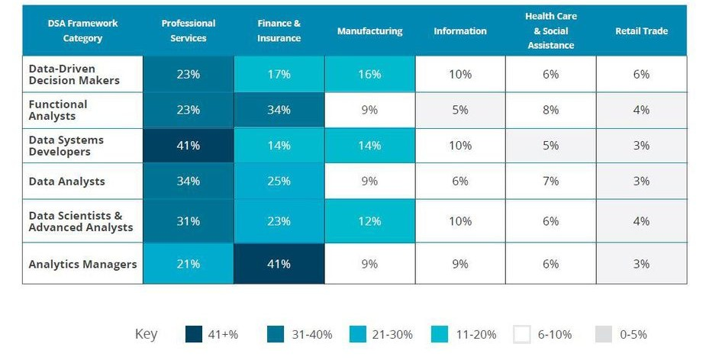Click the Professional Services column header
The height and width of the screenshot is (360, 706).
188,31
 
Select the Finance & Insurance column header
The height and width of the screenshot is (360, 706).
279,31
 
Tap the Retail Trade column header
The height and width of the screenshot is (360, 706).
641,31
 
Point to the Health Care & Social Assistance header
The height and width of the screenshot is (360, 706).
550,31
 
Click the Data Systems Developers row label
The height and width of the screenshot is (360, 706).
66,146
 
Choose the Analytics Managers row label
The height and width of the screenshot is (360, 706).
82,264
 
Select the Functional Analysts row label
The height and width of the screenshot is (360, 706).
58,110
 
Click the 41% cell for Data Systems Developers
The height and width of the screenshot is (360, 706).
188,146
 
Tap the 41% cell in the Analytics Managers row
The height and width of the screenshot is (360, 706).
279,264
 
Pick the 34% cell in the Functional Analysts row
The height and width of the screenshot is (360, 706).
279,110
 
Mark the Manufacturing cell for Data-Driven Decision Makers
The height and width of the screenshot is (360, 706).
369,74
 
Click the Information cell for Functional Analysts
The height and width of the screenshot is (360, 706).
459,110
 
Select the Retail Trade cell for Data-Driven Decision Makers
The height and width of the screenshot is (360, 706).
641,74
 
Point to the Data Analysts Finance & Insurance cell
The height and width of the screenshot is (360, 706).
279,181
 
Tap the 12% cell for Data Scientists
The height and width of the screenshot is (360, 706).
369,221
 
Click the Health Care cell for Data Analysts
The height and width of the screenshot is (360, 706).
550,181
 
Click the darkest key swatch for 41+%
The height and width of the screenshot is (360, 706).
194,334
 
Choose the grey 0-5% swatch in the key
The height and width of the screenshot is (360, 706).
604,334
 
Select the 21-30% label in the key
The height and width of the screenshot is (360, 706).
392,334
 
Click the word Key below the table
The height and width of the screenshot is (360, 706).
146,334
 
